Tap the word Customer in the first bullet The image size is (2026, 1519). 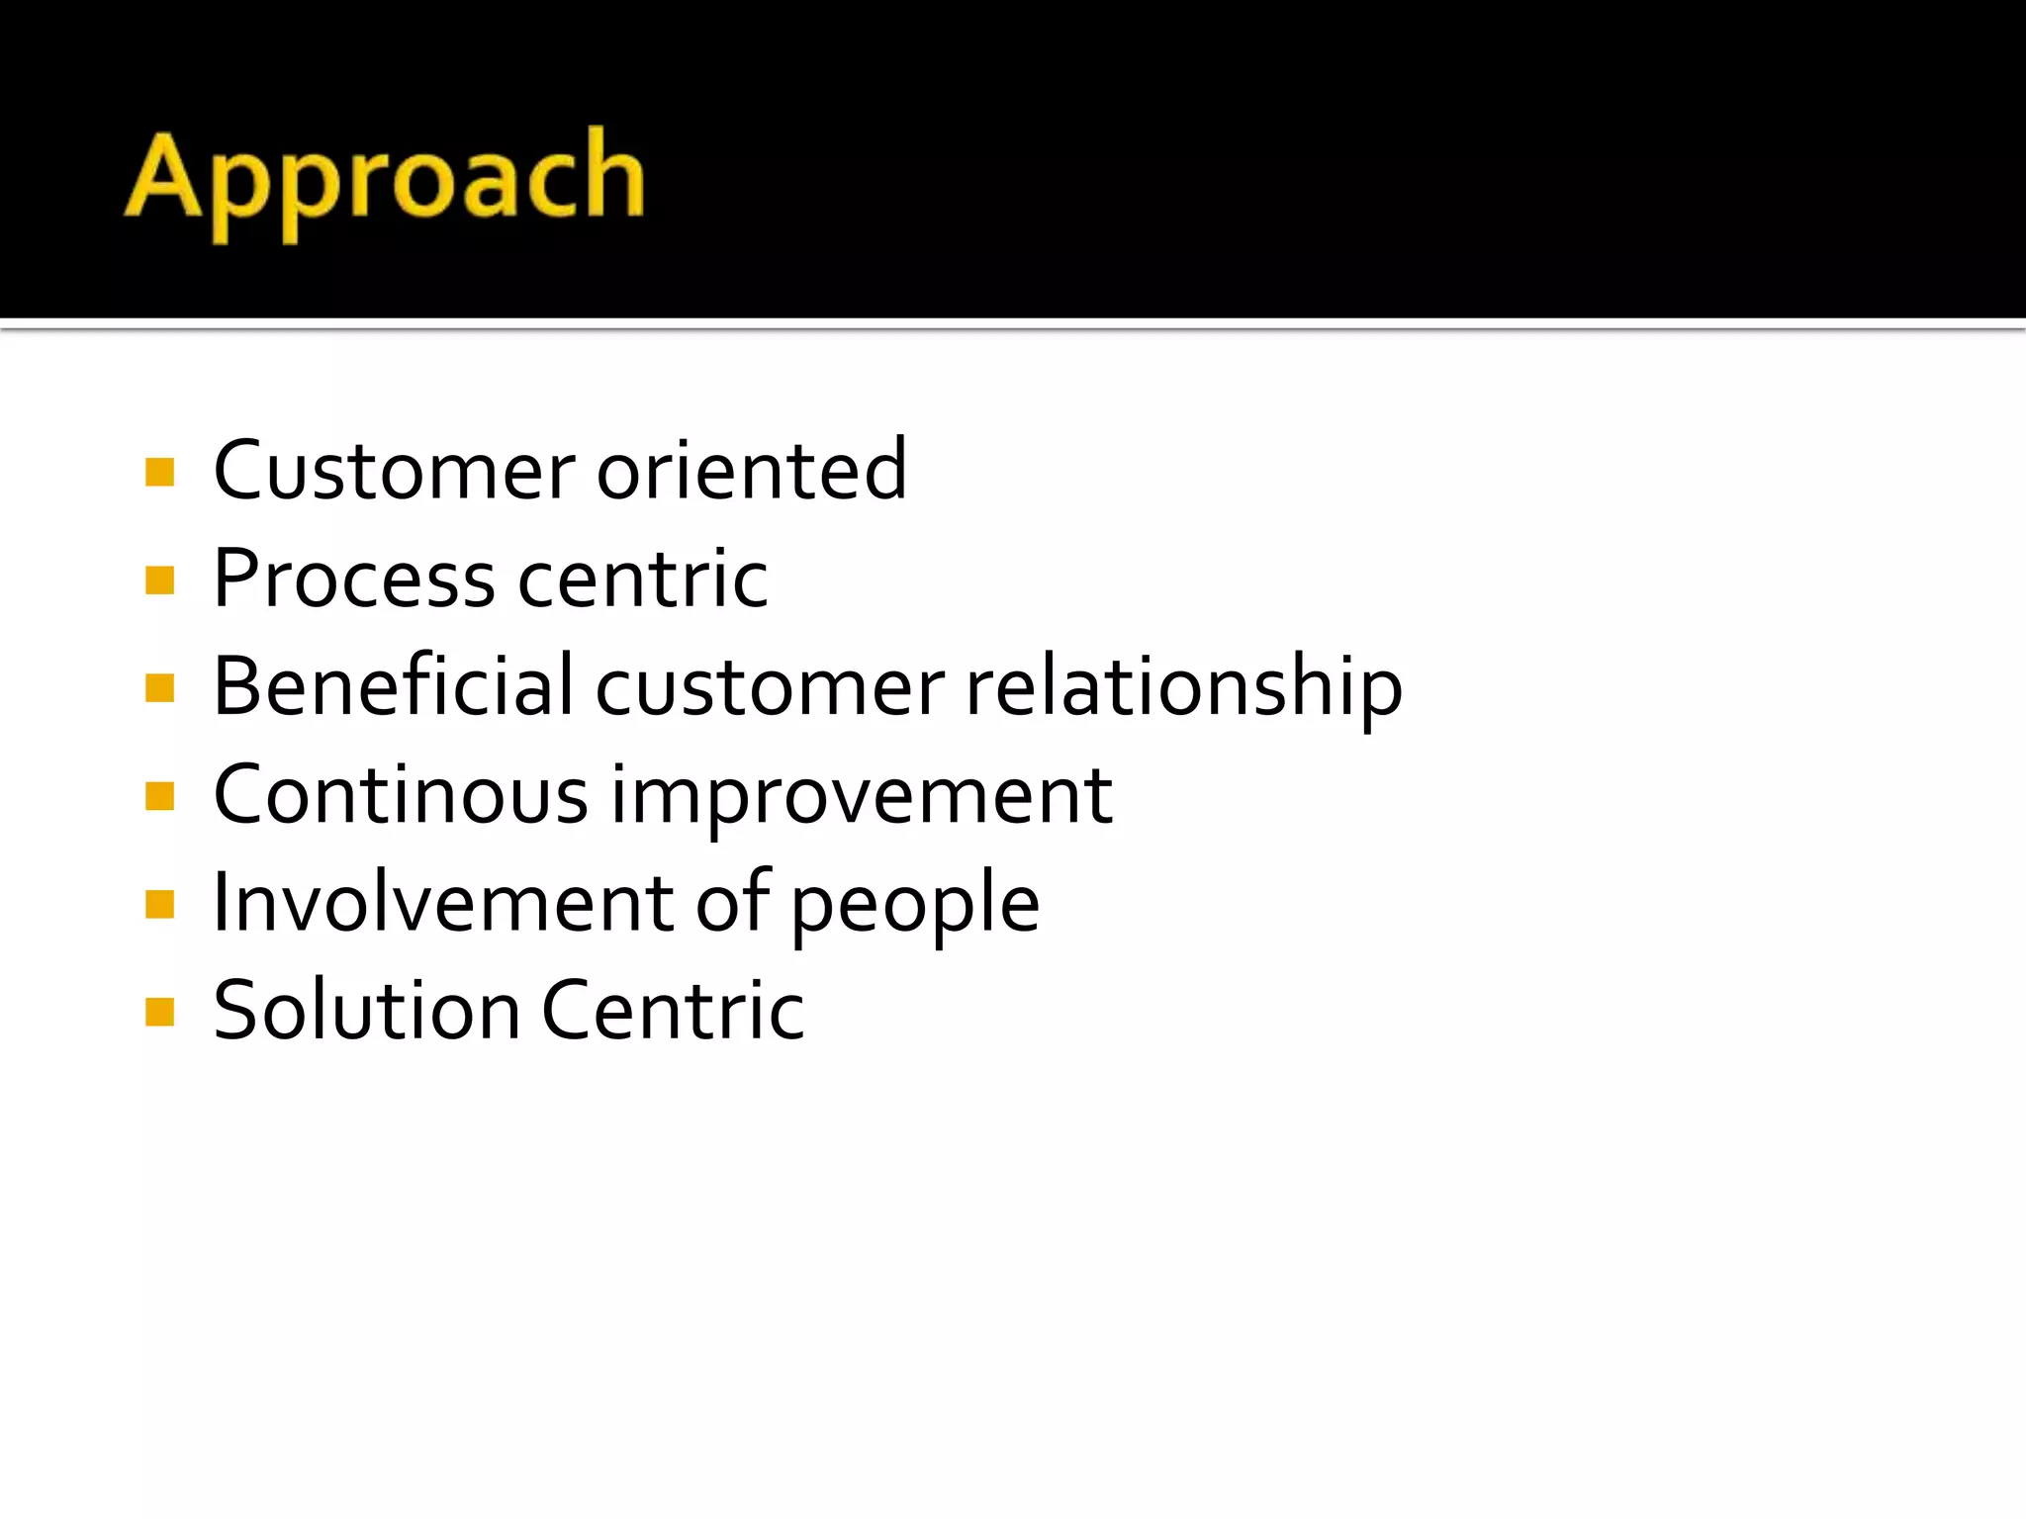click(x=394, y=470)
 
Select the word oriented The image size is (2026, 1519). click(x=752, y=470)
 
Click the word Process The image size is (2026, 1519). click(x=354, y=579)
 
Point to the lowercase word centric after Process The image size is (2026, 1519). click(x=643, y=579)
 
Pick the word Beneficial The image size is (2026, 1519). click(x=393, y=686)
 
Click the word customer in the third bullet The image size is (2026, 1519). click(x=770, y=686)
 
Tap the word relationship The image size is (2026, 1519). click(x=1183, y=688)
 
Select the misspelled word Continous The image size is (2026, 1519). click(x=401, y=795)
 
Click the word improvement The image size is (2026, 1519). click(x=862, y=797)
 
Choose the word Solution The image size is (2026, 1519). click(x=367, y=1011)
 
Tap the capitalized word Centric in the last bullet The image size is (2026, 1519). click(x=674, y=1011)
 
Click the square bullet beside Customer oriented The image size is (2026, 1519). click(x=159, y=472)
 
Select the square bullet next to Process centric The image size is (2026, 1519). click(x=159, y=581)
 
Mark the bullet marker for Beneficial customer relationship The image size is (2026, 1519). click(x=159, y=688)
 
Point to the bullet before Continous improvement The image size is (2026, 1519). click(x=159, y=796)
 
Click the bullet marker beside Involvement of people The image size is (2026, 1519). click(x=159, y=904)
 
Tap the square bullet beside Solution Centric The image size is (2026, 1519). click(x=159, y=1012)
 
